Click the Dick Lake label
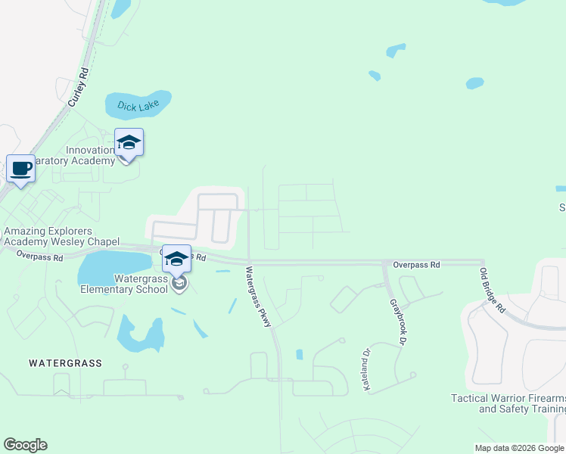click(x=137, y=107)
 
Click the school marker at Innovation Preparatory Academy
click(x=129, y=142)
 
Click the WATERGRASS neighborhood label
click(x=65, y=363)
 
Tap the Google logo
click(x=25, y=445)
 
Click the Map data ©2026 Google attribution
click(x=520, y=448)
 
